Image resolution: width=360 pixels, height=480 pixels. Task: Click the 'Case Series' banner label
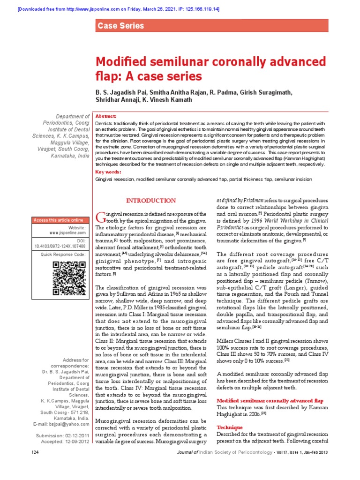click(x=120, y=26)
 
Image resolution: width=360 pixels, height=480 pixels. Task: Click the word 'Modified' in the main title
click(x=123, y=63)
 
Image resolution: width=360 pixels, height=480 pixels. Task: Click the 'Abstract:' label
click(x=106, y=116)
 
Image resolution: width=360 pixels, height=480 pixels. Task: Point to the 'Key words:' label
click(x=107, y=172)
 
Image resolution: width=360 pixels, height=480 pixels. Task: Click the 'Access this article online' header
click(x=58, y=220)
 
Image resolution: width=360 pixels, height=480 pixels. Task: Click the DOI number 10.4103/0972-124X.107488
click(x=60, y=245)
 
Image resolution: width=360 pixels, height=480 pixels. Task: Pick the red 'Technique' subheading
click(x=229, y=428)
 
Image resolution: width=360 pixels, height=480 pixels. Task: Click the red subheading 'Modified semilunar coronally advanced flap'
click(x=270, y=401)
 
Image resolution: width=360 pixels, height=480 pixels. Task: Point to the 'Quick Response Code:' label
click(x=63, y=254)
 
